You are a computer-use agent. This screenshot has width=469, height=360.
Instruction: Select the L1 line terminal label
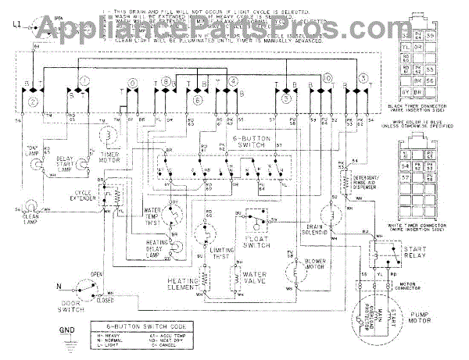17,26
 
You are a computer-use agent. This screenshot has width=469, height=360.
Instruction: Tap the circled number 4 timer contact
233,83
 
